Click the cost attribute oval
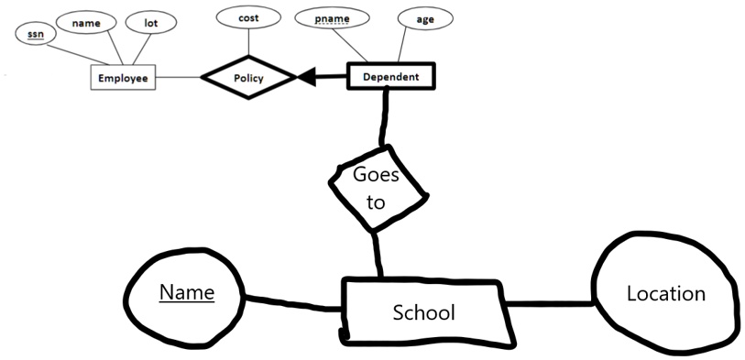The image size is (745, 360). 247,18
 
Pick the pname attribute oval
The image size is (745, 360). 334,18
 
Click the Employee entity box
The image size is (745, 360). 123,78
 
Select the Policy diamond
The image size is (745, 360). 248,78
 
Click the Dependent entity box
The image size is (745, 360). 390,77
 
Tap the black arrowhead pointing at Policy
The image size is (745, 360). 308,78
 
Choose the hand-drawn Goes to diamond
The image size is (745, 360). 377,189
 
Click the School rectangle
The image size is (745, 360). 422,311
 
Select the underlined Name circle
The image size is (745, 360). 186,293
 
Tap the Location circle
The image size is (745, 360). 665,294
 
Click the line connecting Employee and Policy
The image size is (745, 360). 178,78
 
